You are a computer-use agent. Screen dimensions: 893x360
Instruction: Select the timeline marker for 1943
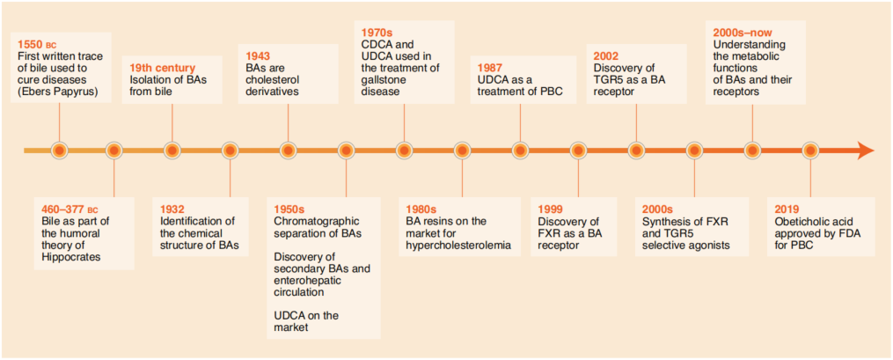point(289,151)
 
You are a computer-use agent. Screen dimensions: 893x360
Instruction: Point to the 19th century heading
point(162,69)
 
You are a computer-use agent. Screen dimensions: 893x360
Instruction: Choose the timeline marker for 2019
point(809,151)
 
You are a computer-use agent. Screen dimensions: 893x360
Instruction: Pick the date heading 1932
point(172,209)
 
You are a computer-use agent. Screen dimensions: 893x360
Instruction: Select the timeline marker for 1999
point(578,151)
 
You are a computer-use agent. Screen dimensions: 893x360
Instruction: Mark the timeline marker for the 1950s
point(347,151)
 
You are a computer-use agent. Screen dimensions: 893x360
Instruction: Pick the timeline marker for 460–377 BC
point(113,151)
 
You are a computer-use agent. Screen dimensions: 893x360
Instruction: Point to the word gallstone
point(381,80)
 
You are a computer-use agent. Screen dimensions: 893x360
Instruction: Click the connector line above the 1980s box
point(462,179)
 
